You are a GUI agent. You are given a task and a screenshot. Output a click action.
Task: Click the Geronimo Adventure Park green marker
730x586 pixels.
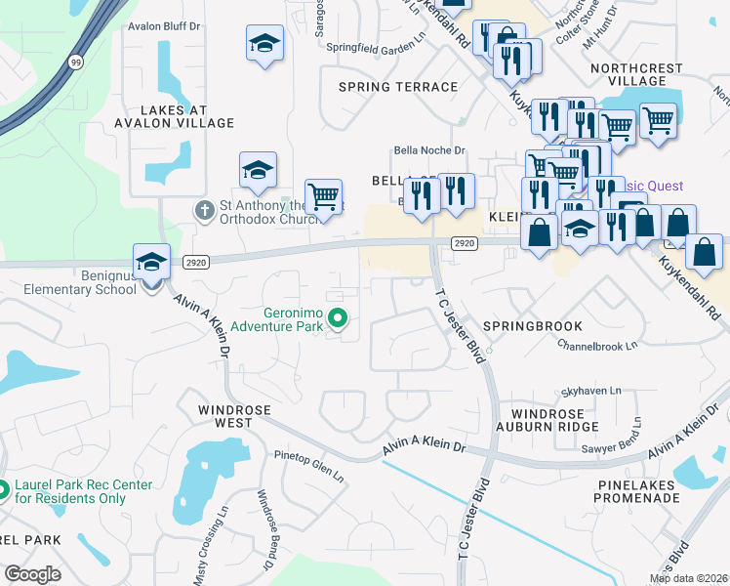(339, 317)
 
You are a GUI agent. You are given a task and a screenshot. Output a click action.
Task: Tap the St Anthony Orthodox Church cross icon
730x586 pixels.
(204, 210)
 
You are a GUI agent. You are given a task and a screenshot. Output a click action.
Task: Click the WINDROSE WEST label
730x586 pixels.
(225, 416)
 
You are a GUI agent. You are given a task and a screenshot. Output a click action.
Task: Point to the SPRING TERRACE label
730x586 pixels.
(398, 87)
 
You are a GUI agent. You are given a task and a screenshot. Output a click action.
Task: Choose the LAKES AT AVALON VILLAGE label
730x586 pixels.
(175, 116)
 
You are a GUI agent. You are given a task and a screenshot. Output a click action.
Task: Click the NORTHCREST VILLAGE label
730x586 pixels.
(641, 75)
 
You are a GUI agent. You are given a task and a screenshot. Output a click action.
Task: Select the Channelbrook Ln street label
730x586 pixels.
(597, 344)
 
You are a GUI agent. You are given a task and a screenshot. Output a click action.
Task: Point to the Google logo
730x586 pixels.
(32, 574)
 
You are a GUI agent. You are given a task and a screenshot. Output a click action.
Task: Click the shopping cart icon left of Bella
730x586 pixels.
(323, 197)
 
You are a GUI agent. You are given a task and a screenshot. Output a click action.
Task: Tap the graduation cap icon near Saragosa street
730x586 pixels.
(264, 45)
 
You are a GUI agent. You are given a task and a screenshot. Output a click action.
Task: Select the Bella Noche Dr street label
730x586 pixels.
(429, 150)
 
